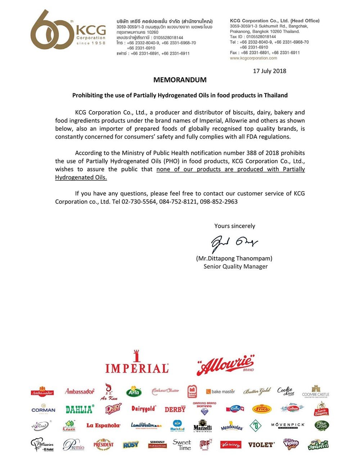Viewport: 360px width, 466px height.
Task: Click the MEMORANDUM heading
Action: [x=180, y=80]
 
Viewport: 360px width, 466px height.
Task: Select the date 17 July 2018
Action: [x=269, y=71]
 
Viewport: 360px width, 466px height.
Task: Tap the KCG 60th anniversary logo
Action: [x=68, y=30]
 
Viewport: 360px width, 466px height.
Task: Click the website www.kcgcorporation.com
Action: [x=253, y=58]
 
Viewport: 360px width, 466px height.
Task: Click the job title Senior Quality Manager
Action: [x=235, y=266]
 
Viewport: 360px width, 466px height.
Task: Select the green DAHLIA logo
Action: [x=80, y=409]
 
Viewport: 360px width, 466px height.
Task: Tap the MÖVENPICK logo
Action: [x=288, y=425]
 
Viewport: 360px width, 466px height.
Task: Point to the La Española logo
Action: [x=103, y=426]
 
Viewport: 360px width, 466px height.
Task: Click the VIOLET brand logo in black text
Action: [x=261, y=445]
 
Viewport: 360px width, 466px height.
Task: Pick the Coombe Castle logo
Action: [x=316, y=391]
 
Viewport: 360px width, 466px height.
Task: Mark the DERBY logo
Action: [x=175, y=409]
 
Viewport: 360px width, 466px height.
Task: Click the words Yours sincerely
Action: [x=235, y=226]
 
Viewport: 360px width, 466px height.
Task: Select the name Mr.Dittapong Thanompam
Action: [x=234, y=259]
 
